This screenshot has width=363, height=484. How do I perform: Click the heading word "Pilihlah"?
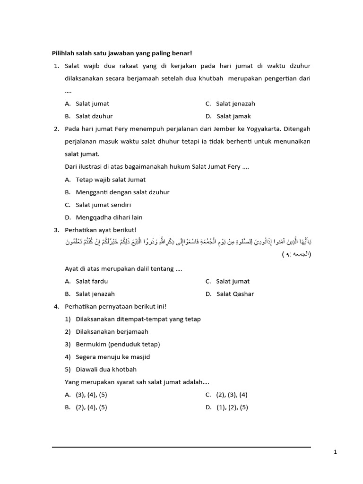point(64,53)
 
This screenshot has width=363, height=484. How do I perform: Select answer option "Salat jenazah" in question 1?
point(235,104)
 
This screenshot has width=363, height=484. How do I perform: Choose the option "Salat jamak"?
point(234,116)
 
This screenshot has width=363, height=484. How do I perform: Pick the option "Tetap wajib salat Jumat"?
point(111,180)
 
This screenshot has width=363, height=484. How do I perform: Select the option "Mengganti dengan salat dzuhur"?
point(122,192)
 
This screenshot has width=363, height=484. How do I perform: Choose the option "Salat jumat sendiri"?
point(103,205)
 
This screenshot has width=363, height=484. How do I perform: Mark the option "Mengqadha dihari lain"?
point(109,217)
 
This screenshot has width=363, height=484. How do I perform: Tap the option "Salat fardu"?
point(92,281)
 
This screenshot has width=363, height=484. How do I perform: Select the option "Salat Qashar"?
point(235,294)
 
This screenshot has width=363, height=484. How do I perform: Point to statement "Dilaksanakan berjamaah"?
point(112,332)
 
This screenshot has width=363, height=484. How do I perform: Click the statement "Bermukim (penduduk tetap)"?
point(118,344)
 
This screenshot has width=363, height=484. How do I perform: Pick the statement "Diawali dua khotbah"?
point(106,370)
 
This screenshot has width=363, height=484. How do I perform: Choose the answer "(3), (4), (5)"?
point(91,395)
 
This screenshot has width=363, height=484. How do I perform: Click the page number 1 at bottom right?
point(335,452)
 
